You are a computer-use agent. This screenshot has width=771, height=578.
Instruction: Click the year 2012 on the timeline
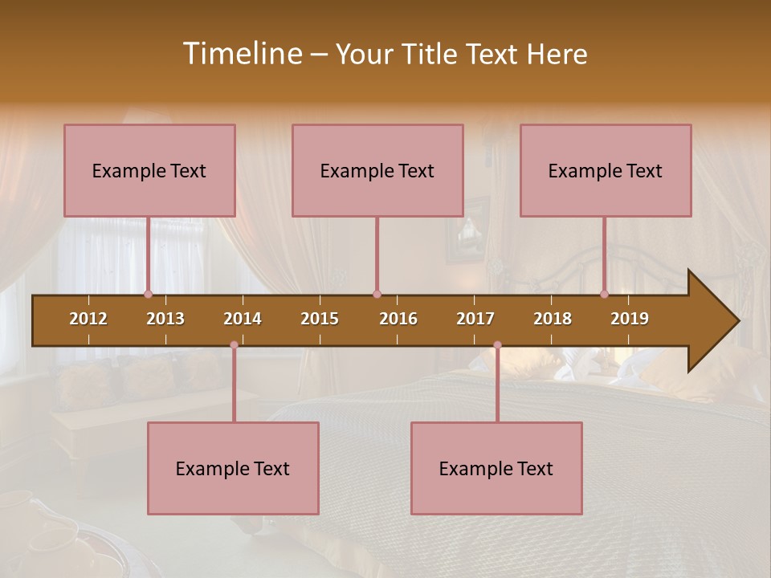[88, 319]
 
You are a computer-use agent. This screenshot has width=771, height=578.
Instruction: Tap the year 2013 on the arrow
[165, 319]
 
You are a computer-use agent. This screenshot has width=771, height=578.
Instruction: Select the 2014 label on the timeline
[243, 319]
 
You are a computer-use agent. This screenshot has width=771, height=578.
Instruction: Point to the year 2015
[320, 319]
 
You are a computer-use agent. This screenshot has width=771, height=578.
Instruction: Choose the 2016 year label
[398, 319]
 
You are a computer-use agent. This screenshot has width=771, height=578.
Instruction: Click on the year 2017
[475, 319]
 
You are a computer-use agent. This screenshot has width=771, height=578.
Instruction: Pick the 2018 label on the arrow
[553, 319]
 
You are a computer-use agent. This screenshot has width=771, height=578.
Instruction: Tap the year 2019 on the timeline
[630, 319]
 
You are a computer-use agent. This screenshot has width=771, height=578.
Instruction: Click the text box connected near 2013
[149, 170]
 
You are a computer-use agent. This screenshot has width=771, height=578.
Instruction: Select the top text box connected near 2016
[377, 170]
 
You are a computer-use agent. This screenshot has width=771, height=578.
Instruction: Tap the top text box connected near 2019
[606, 170]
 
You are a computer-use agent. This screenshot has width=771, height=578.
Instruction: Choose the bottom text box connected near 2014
[233, 468]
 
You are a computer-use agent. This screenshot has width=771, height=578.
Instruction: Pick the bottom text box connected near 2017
[496, 468]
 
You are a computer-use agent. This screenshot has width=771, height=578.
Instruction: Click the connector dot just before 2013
[148, 295]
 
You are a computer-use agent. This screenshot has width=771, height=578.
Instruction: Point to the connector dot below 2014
[234, 345]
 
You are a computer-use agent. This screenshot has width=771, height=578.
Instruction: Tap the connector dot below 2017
[497, 345]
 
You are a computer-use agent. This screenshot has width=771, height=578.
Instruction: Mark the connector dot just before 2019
[605, 295]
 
